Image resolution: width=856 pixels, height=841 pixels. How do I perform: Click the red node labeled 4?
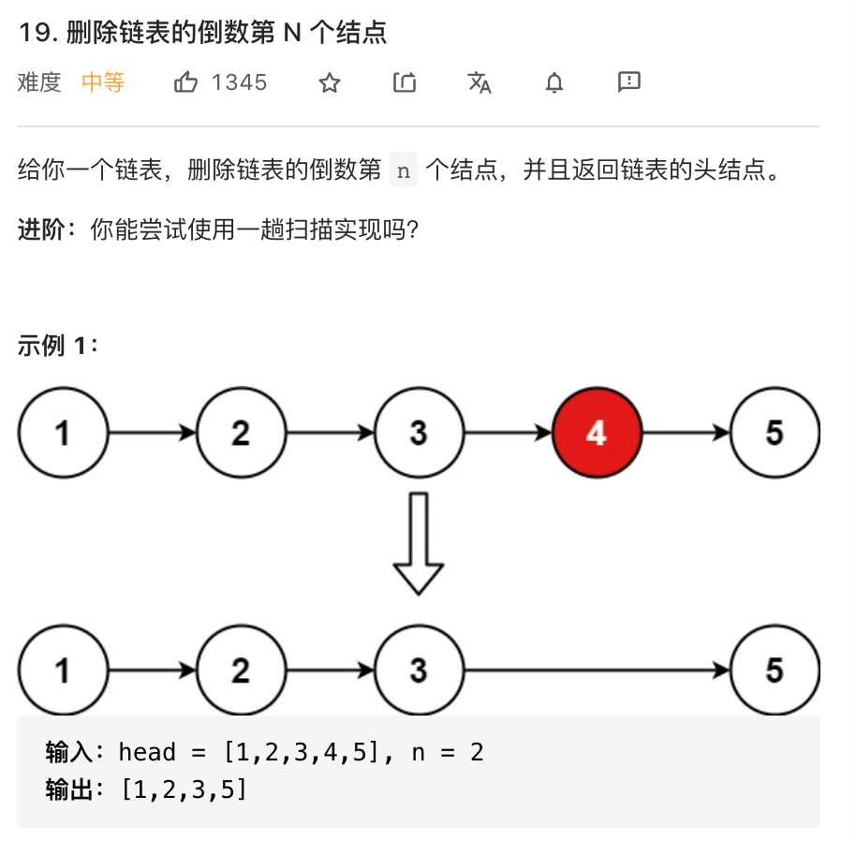[x=597, y=433]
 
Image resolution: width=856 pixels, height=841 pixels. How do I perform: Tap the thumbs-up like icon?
[x=185, y=82]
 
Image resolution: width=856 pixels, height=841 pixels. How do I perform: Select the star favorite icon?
[x=329, y=83]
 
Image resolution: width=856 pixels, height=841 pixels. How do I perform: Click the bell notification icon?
[x=554, y=83]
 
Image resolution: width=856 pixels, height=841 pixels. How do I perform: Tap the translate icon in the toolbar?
[x=479, y=83]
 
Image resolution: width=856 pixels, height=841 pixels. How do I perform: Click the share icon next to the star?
[x=404, y=83]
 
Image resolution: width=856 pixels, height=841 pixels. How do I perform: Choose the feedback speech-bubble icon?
[x=629, y=82]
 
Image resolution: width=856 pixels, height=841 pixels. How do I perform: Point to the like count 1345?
[x=239, y=82]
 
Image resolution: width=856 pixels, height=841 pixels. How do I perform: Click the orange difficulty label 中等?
[x=103, y=82]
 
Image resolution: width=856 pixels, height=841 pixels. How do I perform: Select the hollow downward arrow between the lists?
[x=418, y=543]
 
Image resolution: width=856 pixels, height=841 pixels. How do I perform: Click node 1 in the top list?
[x=63, y=433]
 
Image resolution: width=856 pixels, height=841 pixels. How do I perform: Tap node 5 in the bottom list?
[x=774, y=671]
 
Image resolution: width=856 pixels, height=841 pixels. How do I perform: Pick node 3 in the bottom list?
[x=418, y=671]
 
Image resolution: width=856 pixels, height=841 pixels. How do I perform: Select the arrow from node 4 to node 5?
[x=686, y=433]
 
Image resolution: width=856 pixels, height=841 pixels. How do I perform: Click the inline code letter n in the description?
[x=404, y=170]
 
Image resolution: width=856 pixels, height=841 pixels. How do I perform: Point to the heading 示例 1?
[x=56, y=346]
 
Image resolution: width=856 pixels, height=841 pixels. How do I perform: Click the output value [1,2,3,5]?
[x=184, y=789]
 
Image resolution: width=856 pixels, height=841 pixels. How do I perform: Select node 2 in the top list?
[x=241, y=433]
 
